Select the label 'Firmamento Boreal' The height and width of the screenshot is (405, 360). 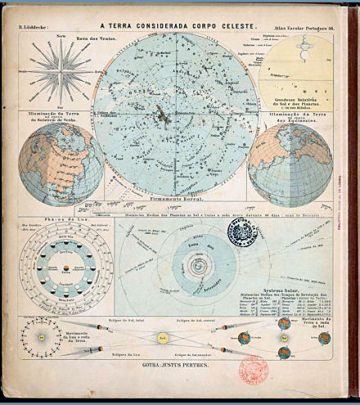click(173, 198)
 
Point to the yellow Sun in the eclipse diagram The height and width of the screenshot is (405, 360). click(163, 337)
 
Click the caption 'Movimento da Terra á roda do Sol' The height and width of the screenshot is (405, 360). click(318, 338)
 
